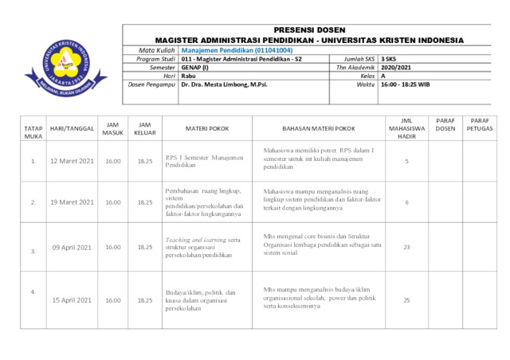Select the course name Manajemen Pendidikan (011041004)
[231, 50]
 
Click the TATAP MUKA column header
[33, 131]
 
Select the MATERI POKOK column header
[208, 127]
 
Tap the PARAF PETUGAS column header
[480, 123]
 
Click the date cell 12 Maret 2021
[72, 161]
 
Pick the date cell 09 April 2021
[73, 247]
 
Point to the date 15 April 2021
[73, 300]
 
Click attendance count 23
[406, 247]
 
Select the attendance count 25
[406, 300]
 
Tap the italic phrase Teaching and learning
[195, 239]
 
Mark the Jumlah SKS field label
[359, 59]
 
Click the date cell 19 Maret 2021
[72, 202]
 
